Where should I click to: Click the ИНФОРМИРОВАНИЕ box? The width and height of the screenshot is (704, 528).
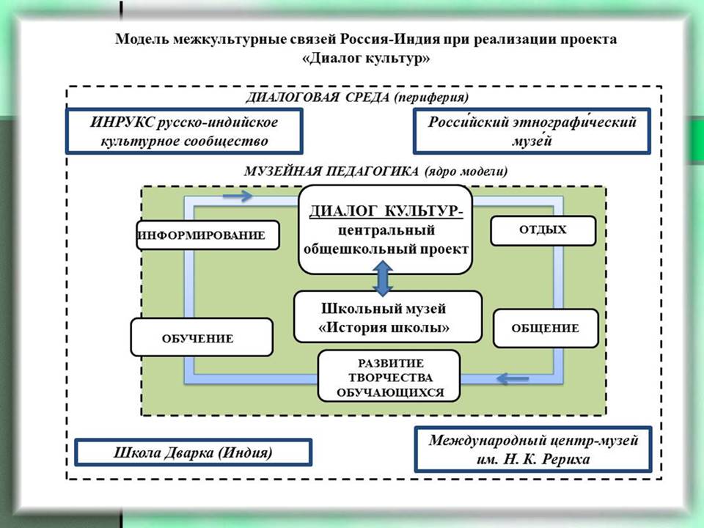208,235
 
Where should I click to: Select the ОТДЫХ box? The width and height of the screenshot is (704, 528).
543,230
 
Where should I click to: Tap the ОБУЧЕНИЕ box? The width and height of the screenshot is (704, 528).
201,338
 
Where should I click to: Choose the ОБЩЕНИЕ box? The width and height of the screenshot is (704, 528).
545,329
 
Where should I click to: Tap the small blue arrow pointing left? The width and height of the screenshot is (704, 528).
513,378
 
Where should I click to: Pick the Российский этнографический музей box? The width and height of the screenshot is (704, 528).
532,131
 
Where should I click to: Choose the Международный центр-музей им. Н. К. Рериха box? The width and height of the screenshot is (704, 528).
532,449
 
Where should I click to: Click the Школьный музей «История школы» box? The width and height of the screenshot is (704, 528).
388,317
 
